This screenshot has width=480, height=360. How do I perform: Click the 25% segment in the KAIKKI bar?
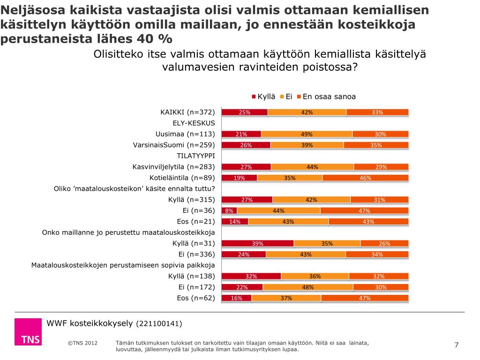[244, 112]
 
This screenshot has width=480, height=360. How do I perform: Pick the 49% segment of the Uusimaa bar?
[307, 134]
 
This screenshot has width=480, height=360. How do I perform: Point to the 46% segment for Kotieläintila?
[365, 178]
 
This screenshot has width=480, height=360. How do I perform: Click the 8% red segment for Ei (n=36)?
[229, 210]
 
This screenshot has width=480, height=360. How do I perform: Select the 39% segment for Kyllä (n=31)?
[257, 243]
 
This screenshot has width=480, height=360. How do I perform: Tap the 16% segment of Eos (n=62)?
[236, 298]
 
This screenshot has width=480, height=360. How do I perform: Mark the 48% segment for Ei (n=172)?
[307, 287]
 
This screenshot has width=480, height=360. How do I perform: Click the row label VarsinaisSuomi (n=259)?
[174, 145]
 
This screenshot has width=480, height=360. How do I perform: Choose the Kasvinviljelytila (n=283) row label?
[173, 166]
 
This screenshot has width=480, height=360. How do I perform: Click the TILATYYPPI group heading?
[195, 156]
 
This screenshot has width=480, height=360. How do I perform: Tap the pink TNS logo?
[28, 332]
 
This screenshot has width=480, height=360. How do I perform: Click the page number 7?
[457, 345]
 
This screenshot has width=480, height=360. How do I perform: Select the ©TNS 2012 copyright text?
[82, 343]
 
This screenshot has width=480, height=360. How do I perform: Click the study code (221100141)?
[159, 324]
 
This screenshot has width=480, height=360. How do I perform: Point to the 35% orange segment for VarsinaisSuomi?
[375, 145]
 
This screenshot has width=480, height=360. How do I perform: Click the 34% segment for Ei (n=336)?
[377, 254]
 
